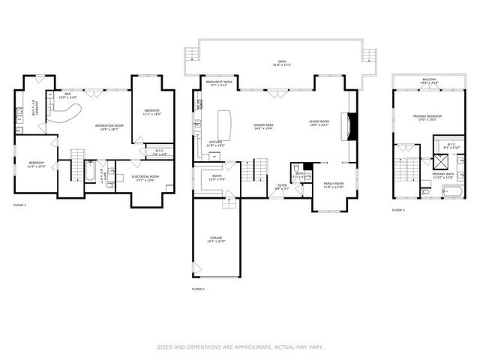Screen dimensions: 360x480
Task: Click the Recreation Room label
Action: [109, 127]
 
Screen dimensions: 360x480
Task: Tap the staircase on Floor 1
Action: [78, 165]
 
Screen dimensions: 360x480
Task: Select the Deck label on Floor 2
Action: [281, 63]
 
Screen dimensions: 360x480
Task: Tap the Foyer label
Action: [281, 186]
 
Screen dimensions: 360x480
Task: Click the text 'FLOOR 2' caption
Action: [198, 288]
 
